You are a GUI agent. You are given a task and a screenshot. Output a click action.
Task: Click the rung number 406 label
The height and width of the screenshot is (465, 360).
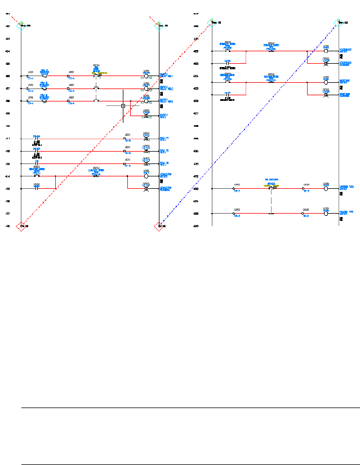pos(8,76)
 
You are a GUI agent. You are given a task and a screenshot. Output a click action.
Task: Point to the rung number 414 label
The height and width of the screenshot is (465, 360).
pos(8,176)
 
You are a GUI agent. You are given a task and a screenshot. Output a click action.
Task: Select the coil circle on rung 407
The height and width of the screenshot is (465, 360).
pos(146,88)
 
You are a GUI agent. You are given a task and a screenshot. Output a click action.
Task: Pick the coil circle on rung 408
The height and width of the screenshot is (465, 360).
pos(146,101)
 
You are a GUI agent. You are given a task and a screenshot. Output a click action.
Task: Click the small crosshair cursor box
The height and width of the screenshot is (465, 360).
pos(123,105)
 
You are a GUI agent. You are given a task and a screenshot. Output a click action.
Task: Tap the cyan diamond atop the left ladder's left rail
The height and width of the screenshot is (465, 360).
pos(21,25)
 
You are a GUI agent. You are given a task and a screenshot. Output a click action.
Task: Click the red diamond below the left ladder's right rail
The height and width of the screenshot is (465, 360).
pos(158,226)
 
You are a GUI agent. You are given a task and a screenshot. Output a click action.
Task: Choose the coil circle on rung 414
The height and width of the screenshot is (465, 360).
pos(146,176)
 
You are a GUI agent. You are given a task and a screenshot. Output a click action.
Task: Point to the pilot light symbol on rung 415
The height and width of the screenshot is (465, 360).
pos(146,189)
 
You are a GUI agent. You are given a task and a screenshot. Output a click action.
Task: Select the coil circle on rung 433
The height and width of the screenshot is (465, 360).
pos(326,189)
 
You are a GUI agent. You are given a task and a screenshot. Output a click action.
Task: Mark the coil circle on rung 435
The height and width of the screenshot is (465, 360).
pos(326,214)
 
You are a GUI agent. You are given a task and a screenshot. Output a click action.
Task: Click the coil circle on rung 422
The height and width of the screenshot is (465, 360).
pos(326,51)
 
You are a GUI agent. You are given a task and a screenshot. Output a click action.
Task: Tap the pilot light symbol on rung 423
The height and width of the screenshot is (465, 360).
pos(326,64)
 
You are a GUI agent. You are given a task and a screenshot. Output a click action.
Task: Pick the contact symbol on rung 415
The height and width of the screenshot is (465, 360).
pos(37,189)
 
